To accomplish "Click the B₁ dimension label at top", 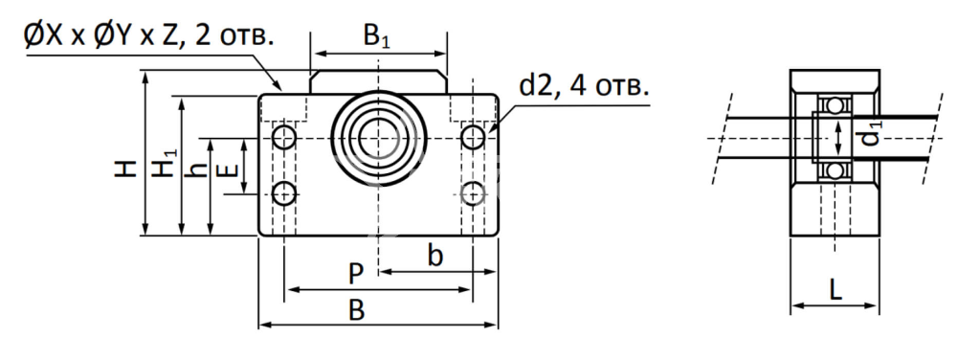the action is [x=376, y=37].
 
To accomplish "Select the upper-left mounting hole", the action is [x=284, y=137].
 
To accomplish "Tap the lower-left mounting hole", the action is [x=284, y=193].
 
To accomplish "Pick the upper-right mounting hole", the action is [x=473, y=137].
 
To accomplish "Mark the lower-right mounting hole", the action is [x=473, y=193].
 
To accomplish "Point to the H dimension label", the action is [x=125, y=169].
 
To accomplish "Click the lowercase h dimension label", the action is [x=198, y=168].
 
